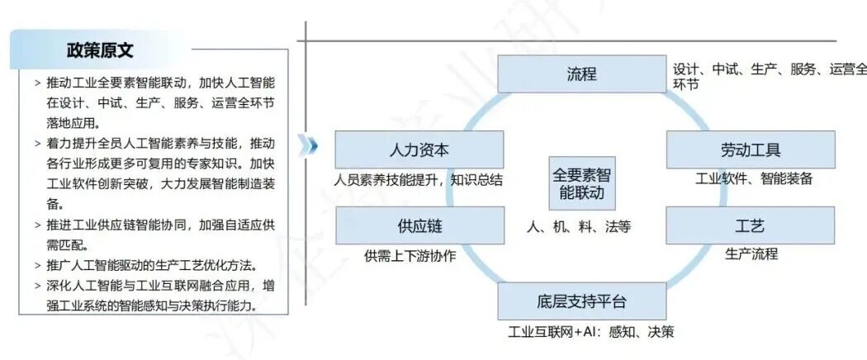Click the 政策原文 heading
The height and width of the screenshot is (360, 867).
click(x=100, y=50)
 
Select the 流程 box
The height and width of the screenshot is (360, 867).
click(x=581, y=74)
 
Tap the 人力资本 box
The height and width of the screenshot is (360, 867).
click(x=419, y=150)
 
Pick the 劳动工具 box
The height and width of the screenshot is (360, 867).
click(x=750, y=150)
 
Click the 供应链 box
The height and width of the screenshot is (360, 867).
click(x=419, y=225)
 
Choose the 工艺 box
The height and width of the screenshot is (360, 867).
click(x=750, y=225)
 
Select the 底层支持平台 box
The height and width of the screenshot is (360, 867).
click(x=581, y=301)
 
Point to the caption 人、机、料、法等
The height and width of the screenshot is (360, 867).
click(x=578, y=226)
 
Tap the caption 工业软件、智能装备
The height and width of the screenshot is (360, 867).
click(x=754, y=178)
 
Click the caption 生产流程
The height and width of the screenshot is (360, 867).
click(x=751, y=253)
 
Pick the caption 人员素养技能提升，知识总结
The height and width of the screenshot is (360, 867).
click(x=419, y=179)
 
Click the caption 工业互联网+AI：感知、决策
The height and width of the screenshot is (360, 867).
click(x=590, y=332)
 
